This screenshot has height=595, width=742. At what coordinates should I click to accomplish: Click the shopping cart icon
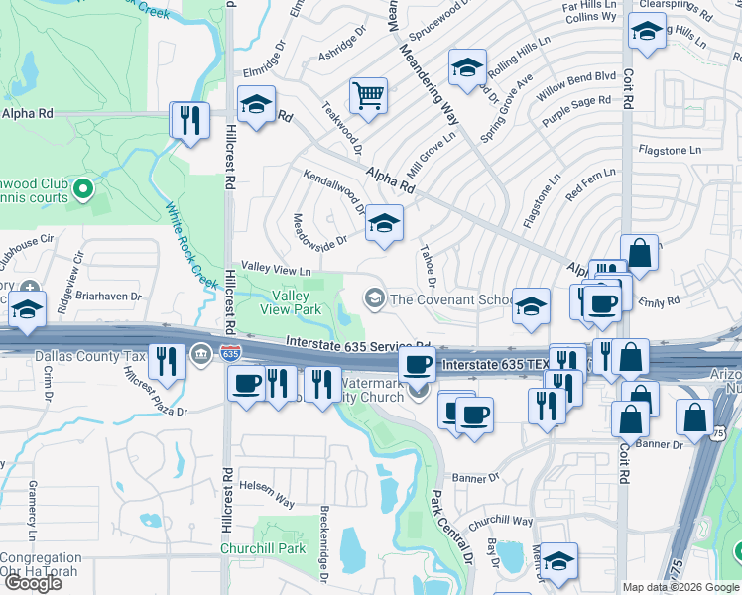pyautogui.click(x=368, y=96)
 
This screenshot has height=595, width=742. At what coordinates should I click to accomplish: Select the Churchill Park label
pyautogui.click(x=292, y=548)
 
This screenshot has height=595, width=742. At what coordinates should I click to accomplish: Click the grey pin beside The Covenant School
pyautogui.click(x=375, y=297)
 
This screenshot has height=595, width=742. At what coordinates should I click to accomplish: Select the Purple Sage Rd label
pyautogui.click(x=576, y=109)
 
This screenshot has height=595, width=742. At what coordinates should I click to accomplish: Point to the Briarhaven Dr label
pyautogui.click(x=111, y=296)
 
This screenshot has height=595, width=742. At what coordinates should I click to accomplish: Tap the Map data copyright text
pyautogui.click(x=680, y=587)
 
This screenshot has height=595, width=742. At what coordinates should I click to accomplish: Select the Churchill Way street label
pyautogui.click(x=501, y=521)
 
